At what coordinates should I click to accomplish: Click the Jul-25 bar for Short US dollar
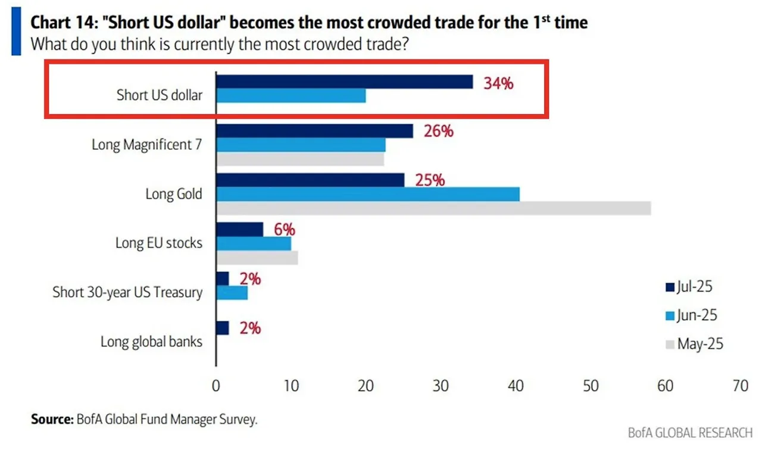click(x=344, y=82)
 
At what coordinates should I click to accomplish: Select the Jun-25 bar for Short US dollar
click(x=291, y=96)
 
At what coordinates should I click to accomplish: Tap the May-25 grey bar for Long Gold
click(x=433, y=208)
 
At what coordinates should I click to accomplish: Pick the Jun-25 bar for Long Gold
click(x=367, y=194)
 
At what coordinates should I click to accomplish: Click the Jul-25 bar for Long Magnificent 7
click(x=314, y=131)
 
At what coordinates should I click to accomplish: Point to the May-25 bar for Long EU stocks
click(x=257, y=258)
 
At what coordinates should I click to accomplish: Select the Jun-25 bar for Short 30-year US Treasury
click(x=232, y=293)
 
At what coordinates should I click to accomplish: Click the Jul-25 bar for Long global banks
click(x=222, y=328)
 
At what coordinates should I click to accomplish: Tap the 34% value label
click(x=498, y=83)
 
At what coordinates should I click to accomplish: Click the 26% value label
click(x=438, y=131)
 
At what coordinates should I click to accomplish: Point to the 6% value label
click(x=284, y=230)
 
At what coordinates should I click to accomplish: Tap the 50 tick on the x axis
click(x=591, y=386)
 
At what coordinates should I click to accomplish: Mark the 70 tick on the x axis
click(x=740, y=386)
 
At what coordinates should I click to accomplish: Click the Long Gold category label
click(x=174, y=194)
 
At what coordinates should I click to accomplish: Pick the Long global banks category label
click(x=151, y=342)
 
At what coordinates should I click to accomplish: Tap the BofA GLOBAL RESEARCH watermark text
click(x=690, y=433)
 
